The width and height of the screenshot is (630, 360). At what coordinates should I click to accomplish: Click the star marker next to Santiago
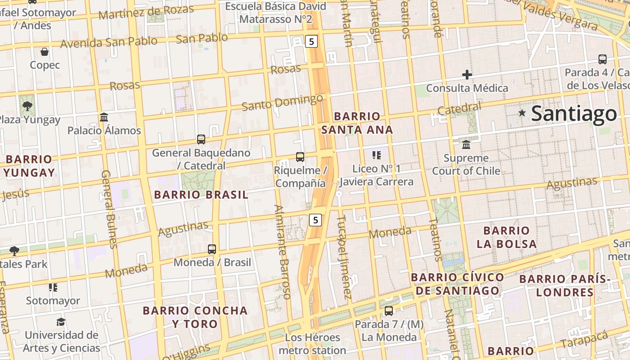click(x=522, y=113)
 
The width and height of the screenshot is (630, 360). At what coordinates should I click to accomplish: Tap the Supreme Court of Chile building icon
click(x=466, y=145)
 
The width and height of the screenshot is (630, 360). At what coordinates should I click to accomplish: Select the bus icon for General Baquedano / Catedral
click(x=201, y=139)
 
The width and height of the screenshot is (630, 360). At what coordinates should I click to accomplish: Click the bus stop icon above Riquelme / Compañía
click(x=300, y=157)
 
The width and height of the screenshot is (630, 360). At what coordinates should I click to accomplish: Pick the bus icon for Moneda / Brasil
click(x=212, y=249)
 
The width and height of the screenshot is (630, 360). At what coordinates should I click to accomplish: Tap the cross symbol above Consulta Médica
click(x=467, y=75)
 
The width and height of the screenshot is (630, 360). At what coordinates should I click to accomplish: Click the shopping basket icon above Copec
click(x=45, y=52)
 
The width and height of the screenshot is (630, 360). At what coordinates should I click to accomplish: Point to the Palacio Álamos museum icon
click(x=104, y=117)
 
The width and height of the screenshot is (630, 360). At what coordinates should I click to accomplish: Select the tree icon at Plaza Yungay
click(x=27, y=106)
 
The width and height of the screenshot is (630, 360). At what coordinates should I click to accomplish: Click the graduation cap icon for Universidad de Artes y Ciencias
click(x=61, y=322)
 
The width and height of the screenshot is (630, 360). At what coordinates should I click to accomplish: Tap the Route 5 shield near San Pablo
click(x=311, y=42)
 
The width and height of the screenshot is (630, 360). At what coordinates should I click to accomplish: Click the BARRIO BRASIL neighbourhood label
click(x=201, y=195)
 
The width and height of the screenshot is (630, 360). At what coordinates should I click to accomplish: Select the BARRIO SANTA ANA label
click(x=357, y=123)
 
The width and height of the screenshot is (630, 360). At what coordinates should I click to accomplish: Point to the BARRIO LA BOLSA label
click(x=507, y=238)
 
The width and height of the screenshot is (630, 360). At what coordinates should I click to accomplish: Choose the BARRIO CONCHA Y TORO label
click(x=195, y=317)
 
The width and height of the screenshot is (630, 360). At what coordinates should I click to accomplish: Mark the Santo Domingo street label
click(x=282, y=103)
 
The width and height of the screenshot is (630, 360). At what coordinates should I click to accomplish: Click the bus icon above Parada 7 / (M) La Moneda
click(x=389, y=311)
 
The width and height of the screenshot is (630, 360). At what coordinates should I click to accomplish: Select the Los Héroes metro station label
click(x=312, y=344)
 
